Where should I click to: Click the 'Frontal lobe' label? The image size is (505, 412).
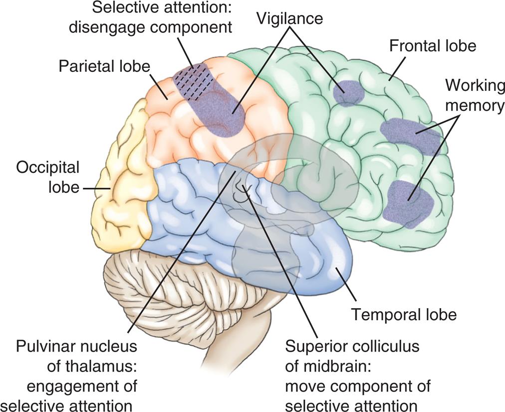pyautogui.click(x=433, y=46)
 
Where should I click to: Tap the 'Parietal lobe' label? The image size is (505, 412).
pyautogui.click(x=104, y=66)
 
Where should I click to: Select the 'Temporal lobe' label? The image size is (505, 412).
pyautogui.click(x=404, y=315)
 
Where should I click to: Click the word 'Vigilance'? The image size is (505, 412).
pyautogui.click(x=290, y=18)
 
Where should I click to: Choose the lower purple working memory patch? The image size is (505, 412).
pyautogui.click(x=409, y=202)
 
